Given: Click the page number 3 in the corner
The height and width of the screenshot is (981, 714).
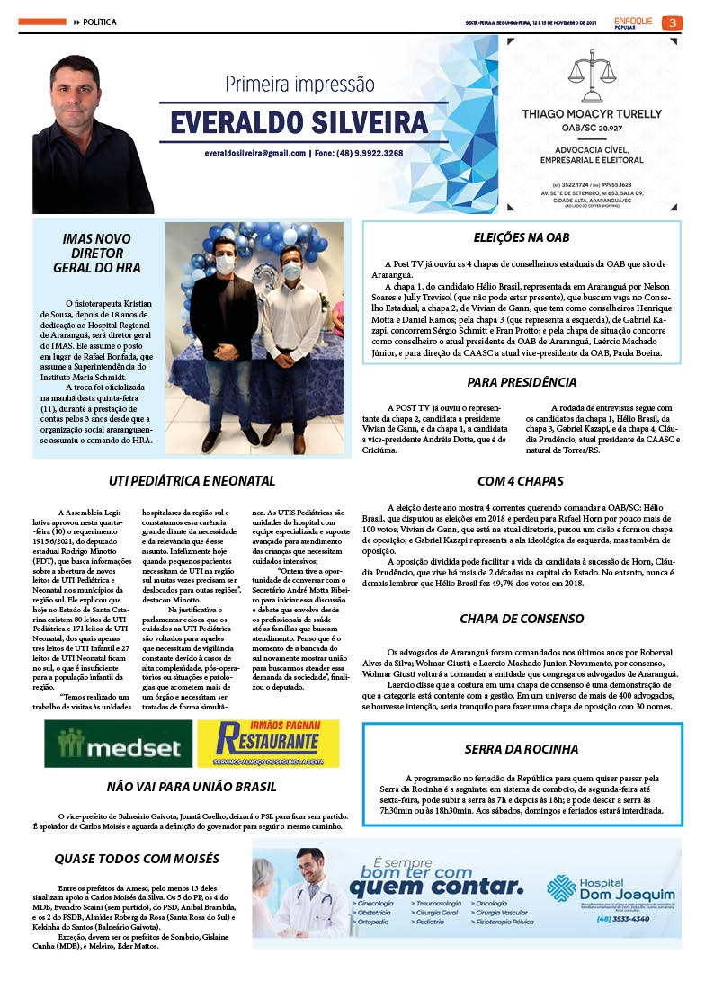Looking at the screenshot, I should tap(672, 22).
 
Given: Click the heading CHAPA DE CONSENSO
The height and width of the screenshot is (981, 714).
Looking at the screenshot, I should tap(522, 619).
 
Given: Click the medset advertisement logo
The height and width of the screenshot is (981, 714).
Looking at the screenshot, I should tap(117, 745).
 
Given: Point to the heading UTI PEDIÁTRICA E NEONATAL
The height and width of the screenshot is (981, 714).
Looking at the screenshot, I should tap(192, 481).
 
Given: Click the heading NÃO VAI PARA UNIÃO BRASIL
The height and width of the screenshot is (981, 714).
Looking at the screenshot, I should tap(192, 786).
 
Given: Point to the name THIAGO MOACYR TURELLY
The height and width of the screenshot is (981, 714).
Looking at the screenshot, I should tap(592, 114).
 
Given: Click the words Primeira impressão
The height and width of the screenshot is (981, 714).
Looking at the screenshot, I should tap(299, 85).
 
